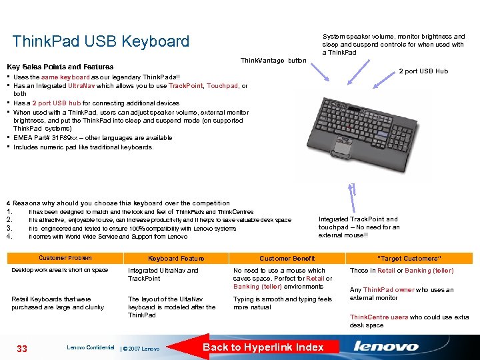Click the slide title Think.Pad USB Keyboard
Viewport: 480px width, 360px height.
[x=101, y=41]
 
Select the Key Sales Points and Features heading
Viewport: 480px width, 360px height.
[x=60, y=67]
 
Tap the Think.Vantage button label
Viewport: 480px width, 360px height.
[x=273, y=61]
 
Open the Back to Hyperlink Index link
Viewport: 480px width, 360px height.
[x=263, y=347]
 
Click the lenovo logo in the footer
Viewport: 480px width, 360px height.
[x=386, y=347]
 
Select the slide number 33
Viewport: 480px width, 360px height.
[x=23, y=347]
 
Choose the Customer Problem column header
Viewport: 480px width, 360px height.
[x=65, y=258]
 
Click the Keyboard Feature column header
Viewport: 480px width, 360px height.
[x=176, y=259]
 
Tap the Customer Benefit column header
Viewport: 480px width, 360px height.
[x=287, y=259]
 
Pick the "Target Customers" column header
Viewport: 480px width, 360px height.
[x=409, y=259]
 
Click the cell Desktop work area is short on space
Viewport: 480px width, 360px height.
[x=60, y=270]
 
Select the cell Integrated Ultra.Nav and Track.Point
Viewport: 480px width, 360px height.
[x=163, y=275]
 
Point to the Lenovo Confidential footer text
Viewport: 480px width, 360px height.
[x=91, y=347]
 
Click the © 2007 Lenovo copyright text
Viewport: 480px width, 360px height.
[x=141, y=349]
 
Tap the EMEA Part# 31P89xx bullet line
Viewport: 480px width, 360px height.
[x=93, y=138]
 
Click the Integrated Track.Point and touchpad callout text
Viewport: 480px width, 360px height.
[x=359, y=227]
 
